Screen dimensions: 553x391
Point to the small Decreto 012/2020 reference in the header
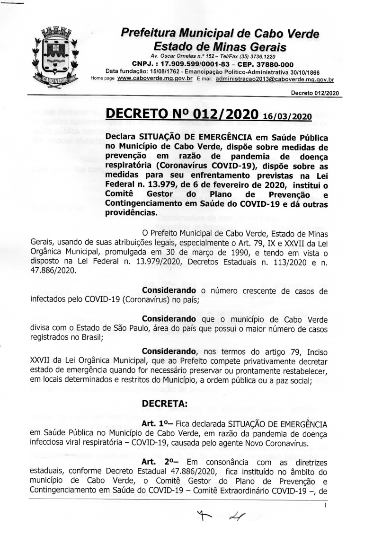click(315, 93)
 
